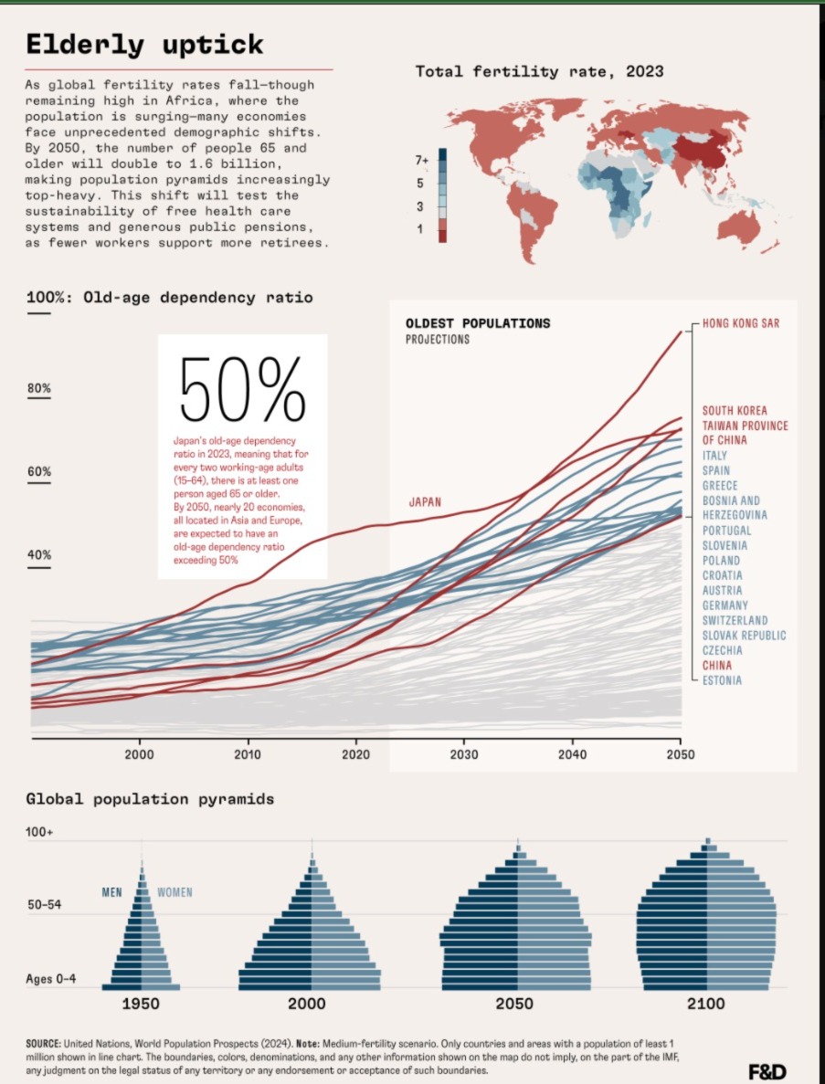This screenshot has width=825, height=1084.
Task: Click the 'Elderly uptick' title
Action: point(143,44)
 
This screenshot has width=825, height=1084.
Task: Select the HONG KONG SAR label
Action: point(741,323)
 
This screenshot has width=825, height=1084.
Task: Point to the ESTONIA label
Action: point(722,680)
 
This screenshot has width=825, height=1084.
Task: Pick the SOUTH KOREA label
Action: point(735,411)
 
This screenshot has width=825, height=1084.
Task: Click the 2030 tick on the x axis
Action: point(464,754)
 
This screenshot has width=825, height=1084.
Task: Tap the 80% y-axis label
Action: point(38,388)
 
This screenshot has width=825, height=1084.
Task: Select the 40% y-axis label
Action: point(38,555)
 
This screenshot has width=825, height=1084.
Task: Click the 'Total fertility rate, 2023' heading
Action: point(539,71)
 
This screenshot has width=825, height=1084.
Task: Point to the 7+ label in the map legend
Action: point(422,160)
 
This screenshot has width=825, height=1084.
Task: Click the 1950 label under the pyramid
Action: point(141,1004)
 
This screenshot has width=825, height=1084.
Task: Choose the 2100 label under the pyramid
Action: point(706,1004)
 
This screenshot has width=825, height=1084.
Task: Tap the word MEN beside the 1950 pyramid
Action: point(113,892)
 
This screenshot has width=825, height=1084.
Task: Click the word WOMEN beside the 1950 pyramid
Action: point(175,892)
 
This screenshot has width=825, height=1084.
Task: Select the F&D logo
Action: point(767,1071)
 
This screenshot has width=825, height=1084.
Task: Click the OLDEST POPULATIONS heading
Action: point(478,323)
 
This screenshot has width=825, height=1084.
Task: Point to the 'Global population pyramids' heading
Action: point(150,799)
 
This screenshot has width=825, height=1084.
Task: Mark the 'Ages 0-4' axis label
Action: point(51,979)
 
